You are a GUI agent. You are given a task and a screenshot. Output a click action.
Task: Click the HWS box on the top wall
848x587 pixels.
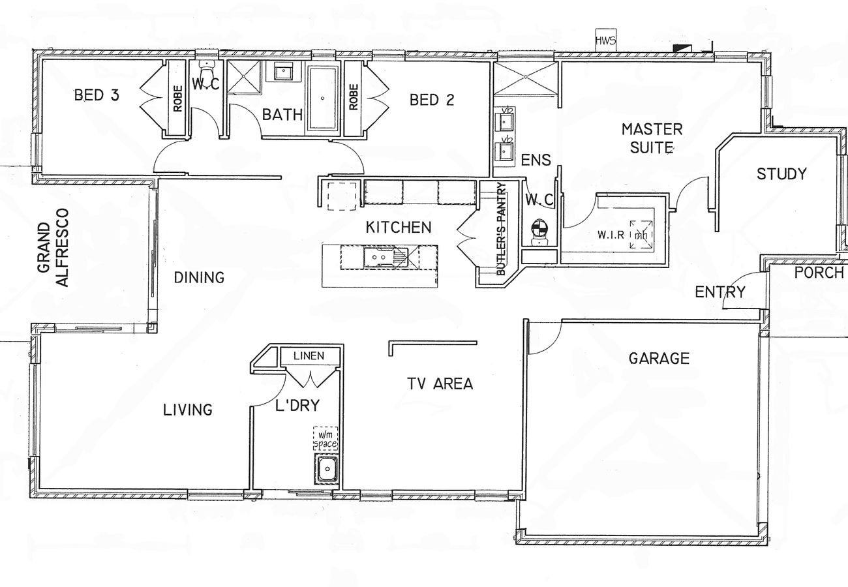[606, 40]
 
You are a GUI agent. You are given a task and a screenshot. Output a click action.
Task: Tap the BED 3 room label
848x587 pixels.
[97, 95]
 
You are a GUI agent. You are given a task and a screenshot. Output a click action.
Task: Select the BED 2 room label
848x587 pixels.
[432, 100]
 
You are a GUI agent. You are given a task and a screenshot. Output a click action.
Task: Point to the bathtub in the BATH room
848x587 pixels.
[322, 98]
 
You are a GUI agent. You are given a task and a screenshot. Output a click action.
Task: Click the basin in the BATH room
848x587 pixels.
[284, 71]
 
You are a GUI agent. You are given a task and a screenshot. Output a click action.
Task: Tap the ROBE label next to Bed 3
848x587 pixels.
[178, 98]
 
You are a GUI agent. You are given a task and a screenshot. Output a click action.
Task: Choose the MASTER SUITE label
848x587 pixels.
[652, 138]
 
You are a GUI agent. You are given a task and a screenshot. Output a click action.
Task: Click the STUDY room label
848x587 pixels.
[781, 173]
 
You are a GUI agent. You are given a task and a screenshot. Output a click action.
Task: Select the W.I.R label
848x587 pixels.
[611, 235]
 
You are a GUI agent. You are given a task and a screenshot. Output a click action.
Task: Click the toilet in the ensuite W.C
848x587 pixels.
[539, 232]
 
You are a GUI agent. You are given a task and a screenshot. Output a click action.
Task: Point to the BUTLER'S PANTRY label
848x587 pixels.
[501, 229]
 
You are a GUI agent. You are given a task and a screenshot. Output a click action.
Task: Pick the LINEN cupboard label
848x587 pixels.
[309, 355]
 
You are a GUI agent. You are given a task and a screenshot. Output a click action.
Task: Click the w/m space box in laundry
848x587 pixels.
[326, 439]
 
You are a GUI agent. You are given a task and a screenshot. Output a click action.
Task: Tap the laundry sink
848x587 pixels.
[326, 470]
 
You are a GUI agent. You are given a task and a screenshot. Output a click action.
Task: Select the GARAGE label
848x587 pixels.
[659, 358]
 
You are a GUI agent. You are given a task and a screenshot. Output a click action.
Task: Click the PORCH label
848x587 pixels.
[819, 272]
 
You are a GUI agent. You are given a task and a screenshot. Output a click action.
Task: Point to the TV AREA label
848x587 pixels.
[440, 384]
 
